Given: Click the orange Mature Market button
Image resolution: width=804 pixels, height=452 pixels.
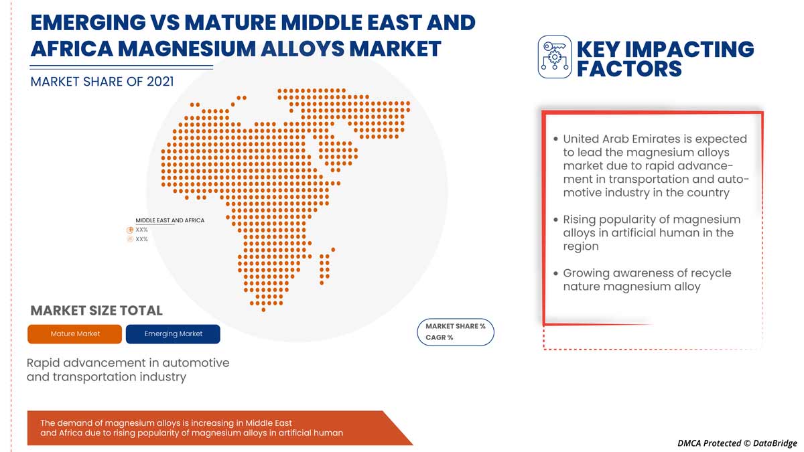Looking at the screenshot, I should (75, 333).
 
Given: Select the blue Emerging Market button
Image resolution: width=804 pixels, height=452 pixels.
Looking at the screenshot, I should (173, 333).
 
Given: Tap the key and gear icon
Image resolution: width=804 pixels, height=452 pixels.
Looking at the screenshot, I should (555, 58).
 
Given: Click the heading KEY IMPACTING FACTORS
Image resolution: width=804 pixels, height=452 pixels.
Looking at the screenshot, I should (665, 58).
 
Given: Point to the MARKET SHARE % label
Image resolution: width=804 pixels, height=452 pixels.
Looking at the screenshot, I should (456, 326).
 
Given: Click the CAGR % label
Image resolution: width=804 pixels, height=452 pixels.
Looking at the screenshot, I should (440, 337).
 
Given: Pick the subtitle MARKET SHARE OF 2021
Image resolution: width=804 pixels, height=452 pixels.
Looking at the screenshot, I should (102, 81).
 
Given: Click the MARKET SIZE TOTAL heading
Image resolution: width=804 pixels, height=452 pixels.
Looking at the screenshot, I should (96, 311).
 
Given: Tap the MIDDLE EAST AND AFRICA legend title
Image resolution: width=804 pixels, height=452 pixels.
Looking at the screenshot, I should (170, 220).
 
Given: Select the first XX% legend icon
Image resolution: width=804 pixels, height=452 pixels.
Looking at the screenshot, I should (130, 230).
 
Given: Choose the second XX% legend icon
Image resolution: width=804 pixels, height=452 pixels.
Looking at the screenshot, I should (130, 239).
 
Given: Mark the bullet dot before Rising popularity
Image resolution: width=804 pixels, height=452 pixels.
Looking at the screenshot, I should (555, 220).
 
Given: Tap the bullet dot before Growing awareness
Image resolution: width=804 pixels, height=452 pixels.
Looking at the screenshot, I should (555, 273).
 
